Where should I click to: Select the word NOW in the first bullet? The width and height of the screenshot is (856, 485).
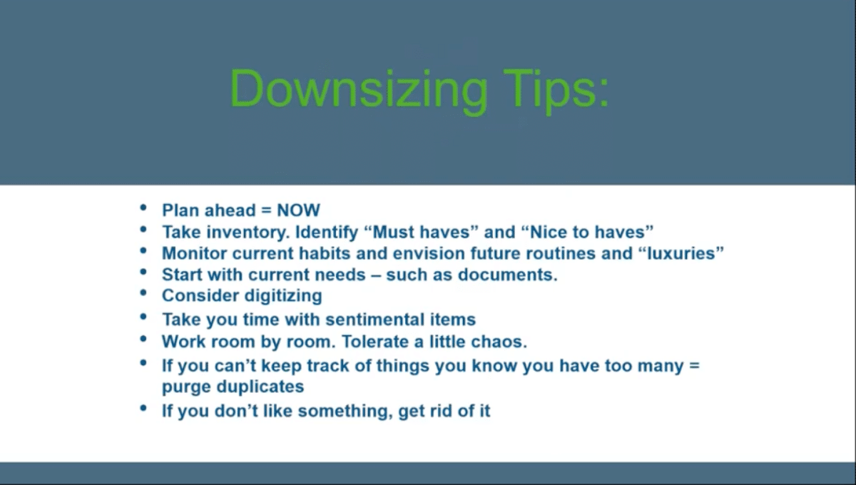[x=298, y=210]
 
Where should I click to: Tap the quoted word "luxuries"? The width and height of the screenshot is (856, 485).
[x=677, y=254]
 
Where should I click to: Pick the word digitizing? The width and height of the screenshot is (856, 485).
[x=284, y=295]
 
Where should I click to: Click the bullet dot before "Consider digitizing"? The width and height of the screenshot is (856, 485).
[x=144, y=293]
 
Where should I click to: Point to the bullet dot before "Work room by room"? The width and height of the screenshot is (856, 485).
[x=144, y=339]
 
